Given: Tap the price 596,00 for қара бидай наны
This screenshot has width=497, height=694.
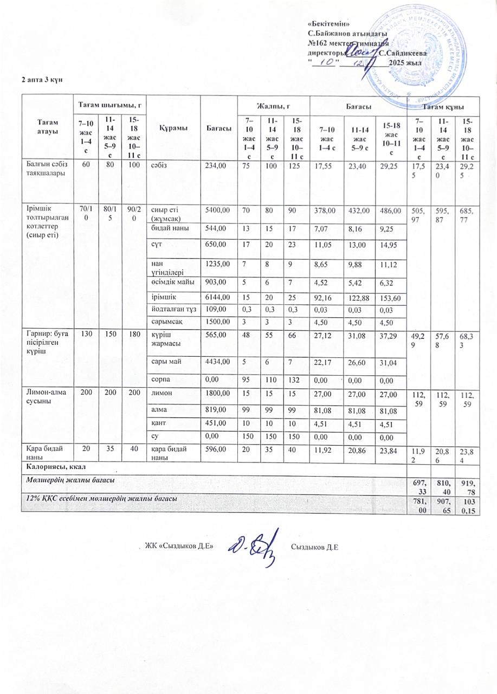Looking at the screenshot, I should point(212,448).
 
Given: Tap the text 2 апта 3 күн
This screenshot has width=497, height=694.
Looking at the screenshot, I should point(43,79).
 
